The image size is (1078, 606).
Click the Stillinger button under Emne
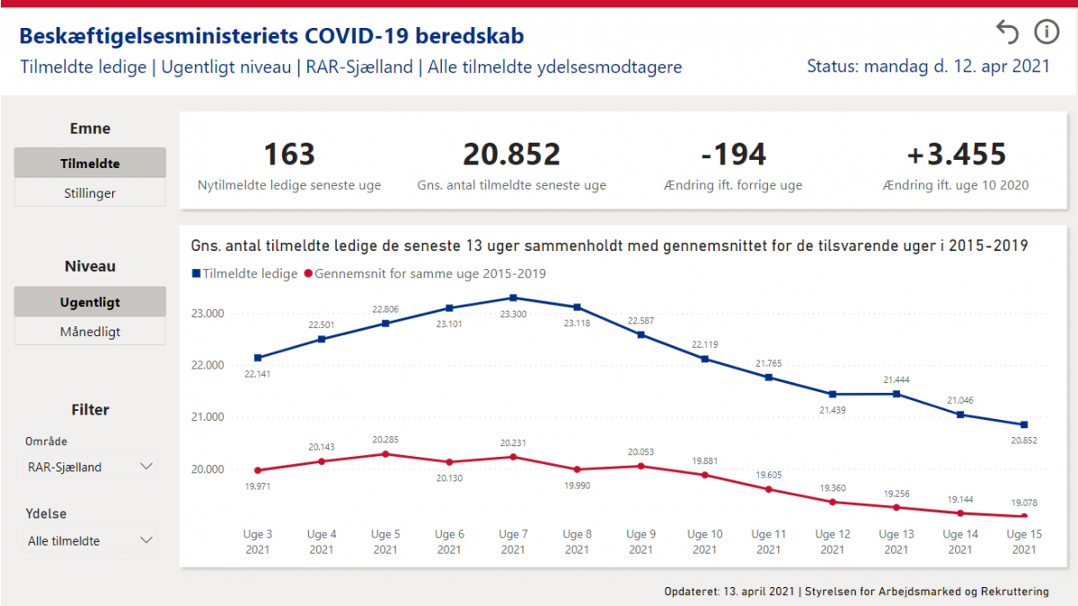pos(90,193)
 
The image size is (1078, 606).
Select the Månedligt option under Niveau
pos(90,332)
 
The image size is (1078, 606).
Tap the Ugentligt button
pos(90,302)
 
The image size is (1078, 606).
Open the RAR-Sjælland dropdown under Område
pos(90,467)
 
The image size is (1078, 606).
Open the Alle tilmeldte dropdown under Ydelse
pos(90,540)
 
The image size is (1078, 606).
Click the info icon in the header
pos(1047,32)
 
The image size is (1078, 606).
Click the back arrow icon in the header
pos(1008,32)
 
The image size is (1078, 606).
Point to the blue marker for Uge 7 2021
pos(513,298)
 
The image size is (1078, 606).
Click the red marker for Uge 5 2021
pos(385,454)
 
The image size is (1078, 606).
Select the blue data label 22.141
pos(258,374)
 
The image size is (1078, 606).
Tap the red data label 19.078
pos(1024,503)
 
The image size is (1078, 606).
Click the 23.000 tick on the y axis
pos(208,314)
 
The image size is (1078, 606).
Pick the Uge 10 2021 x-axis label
pos(704,541)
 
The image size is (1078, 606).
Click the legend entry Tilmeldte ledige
pos(245,273)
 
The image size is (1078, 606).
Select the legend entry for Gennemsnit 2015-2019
pos(426,273)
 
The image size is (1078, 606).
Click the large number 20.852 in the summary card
pos(511,154)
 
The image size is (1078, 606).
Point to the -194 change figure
pos(733,154)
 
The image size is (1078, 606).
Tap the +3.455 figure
pos(956,154)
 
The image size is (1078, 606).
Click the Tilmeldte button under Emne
pos(90,163)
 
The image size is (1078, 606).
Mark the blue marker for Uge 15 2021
pos(1024,424)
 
